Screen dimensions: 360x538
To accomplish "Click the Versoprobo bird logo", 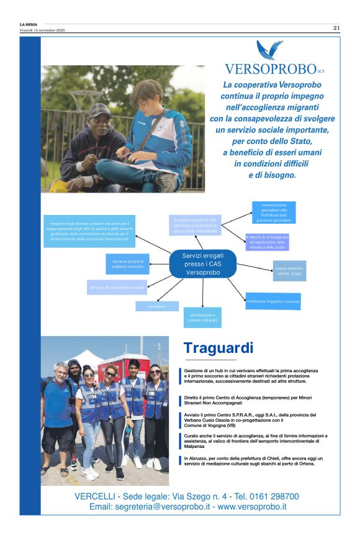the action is pyautogui.click(x=270, y=50).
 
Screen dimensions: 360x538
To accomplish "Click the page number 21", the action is pyautogui.click(x=336, y=27).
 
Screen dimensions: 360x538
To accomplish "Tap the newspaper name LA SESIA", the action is pyautogui.click(x=29, y=24).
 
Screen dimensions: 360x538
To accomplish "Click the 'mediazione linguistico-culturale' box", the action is pyautogui.click(x=272, y=301).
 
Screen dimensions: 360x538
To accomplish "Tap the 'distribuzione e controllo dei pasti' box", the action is pyautogui.click(x=202, y=317).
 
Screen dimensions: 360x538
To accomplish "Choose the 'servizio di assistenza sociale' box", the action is pyautogui.click(x=117, y=287).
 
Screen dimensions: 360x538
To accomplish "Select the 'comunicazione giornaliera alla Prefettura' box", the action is pyautogui.click(x=274, y=212).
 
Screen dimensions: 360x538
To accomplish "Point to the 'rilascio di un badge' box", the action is pyautogui.click(x=267, y=242).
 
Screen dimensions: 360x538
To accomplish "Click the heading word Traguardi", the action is pyautogui.click(x=218, y=348).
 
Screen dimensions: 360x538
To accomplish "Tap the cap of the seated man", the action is pyautogui.click(x=100, y=110).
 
